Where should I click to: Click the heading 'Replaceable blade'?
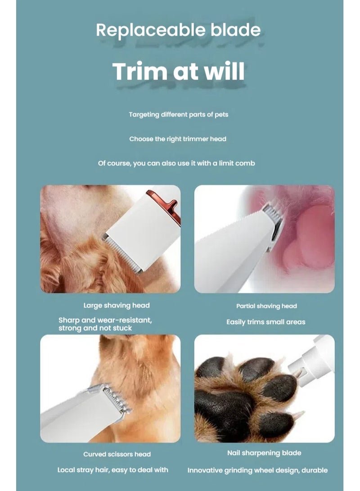pos(178,30)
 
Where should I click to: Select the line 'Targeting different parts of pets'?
pos(178,115)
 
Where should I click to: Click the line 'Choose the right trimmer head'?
pos(178,139)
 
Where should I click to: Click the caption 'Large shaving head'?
pos(117,306)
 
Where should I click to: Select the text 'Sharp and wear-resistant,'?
pos(105,320)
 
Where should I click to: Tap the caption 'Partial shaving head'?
pos(266,306)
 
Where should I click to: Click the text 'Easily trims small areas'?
pos(265,322)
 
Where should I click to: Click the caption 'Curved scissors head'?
pos(117,454)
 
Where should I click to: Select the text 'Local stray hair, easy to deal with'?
pos(112,470)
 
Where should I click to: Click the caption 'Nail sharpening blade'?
pos(264,453)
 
